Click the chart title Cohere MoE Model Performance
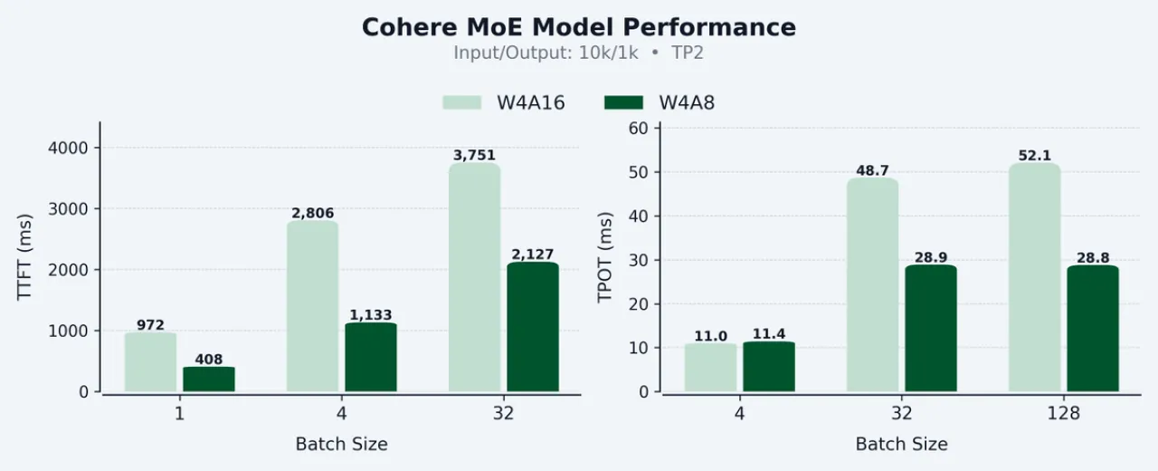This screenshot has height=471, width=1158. click(x=579, y=27)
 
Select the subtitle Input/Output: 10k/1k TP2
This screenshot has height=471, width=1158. click(x=579, y=53)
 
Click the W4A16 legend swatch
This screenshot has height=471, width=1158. click(x=461, y=102)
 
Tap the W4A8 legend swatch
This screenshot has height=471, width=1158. click(x=622, y=102)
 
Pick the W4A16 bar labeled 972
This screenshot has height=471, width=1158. click(x=150, y=362)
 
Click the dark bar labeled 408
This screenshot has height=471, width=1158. click(x=209, y=380)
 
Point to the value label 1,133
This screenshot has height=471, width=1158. click(x=370, y=315)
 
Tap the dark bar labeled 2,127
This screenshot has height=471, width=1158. click(x=533, y=327)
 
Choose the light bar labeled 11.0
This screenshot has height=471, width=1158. click(x=710, y=368)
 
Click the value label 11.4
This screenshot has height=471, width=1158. click(x=769, y=336)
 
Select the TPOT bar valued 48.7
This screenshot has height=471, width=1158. click(x=873, y=285)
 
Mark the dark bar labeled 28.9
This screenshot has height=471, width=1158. click(x=931, y=329)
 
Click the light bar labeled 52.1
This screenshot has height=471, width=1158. click(x=1034, y=277)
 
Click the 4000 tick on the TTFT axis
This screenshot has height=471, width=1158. click(x=73, y=148)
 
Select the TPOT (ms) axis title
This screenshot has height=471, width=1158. click(x=605, y=257)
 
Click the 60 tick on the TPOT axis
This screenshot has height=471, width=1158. click(x=640, y=129)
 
